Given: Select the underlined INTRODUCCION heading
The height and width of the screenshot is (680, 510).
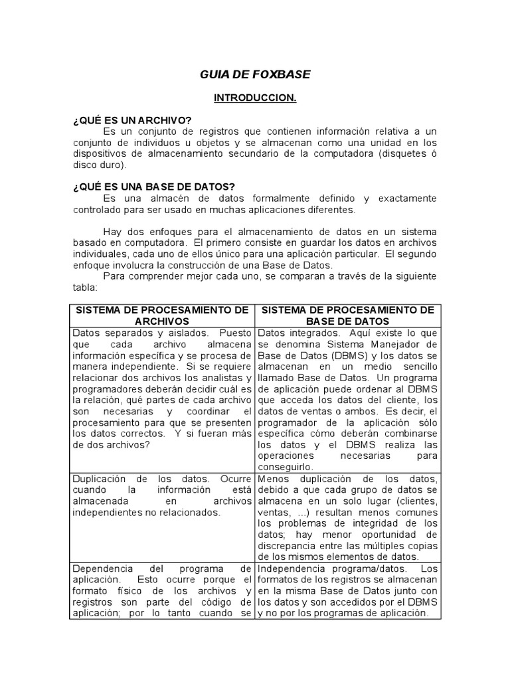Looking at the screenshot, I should (x=254, y=98).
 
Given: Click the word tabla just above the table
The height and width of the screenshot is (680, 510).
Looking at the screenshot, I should (x=84, y=288).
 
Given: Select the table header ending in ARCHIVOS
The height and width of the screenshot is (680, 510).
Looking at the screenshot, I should (x=162, y=315).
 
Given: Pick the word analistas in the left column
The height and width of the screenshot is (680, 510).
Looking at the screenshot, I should (x=201, y=377).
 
